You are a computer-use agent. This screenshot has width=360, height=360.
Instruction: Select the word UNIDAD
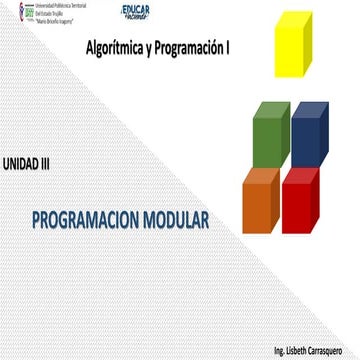coord(20,161)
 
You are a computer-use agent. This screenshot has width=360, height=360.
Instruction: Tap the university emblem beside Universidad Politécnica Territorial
coord(11,11)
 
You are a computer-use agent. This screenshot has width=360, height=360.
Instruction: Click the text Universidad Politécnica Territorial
coord(54,5)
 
